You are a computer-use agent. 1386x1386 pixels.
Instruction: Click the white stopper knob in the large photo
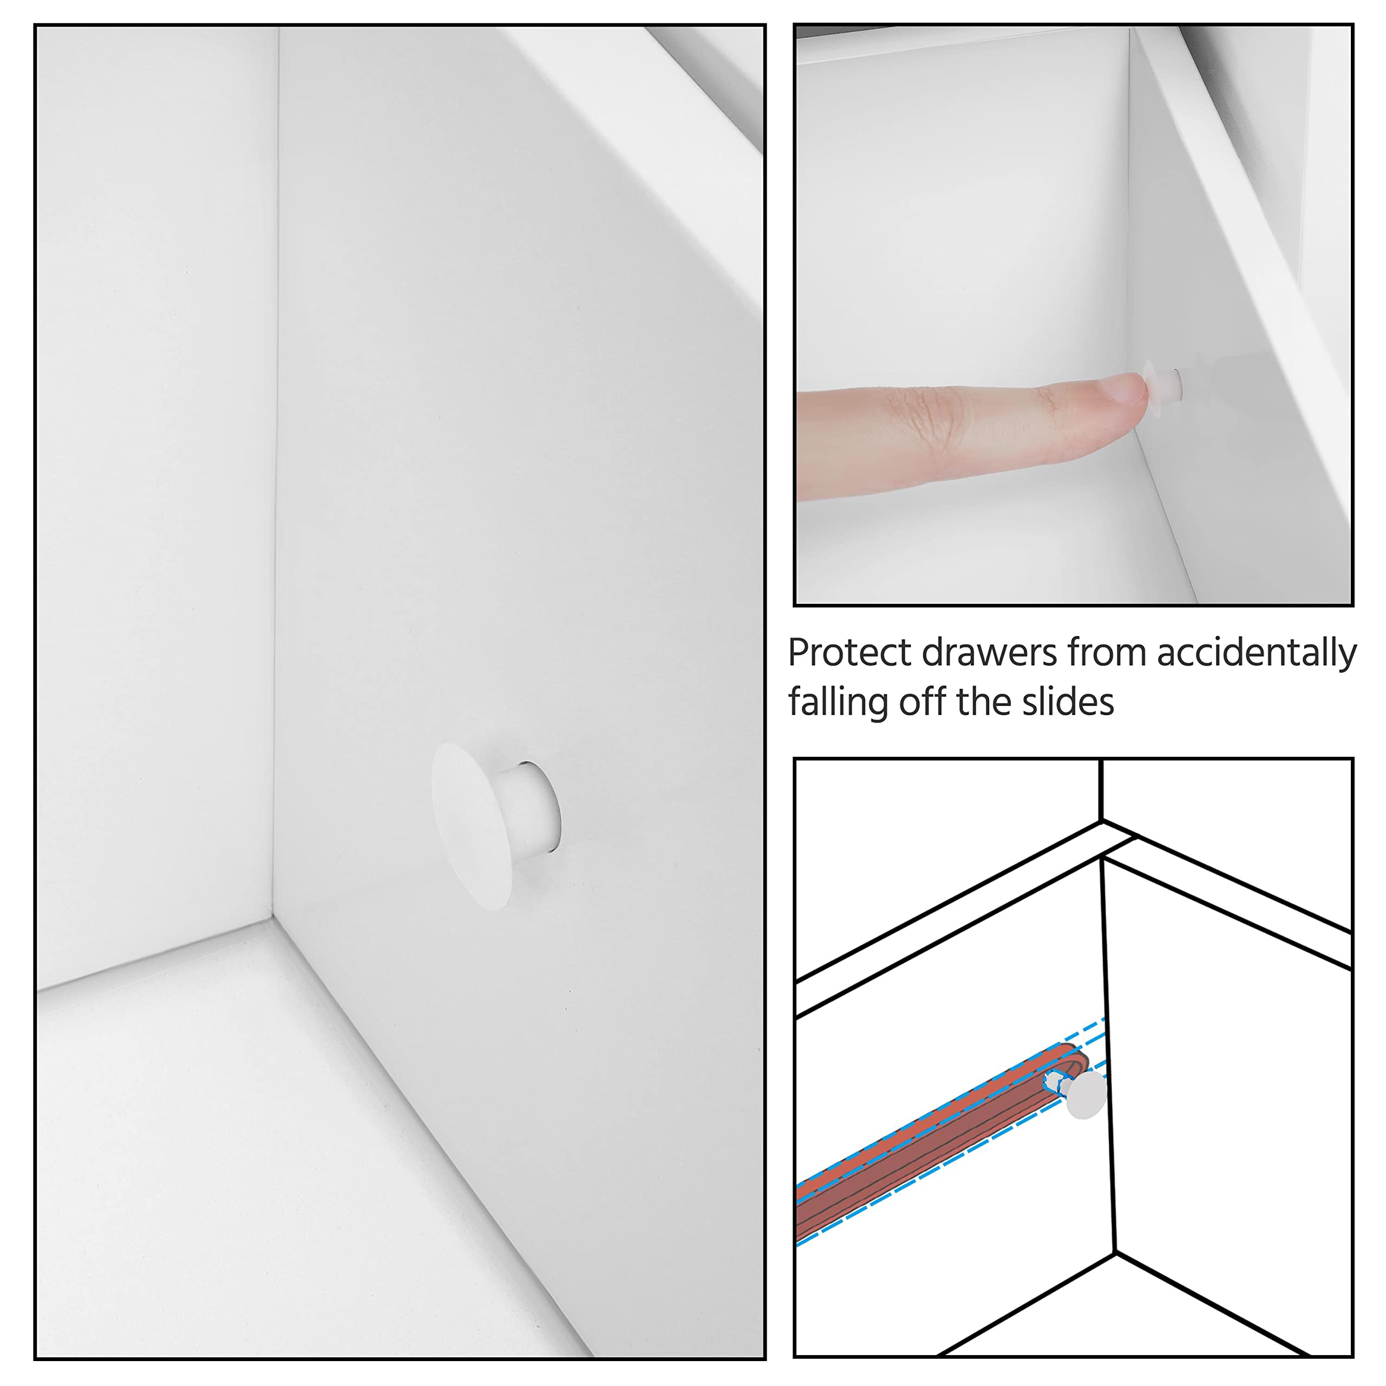click(495, 826)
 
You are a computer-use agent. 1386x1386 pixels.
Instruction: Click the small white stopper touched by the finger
click(1163, 383)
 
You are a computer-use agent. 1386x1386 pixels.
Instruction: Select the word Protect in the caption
click(850, 653)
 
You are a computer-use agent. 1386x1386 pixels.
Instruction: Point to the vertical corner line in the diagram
click(1108, 1056)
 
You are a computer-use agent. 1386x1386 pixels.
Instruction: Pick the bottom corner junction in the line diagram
click(1115, 1253)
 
